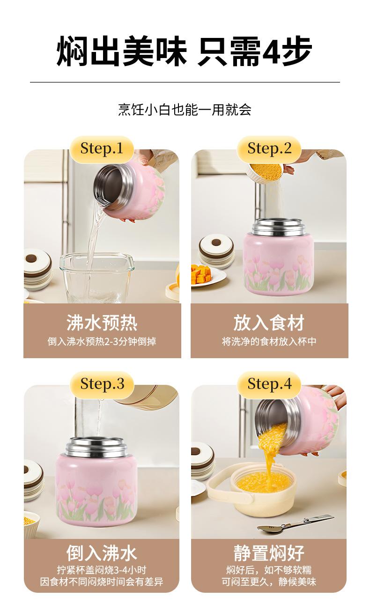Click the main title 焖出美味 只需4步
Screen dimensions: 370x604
(185, 51)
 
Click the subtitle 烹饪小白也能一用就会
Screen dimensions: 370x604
(185, 110)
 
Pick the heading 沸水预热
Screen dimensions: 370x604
(102, 323)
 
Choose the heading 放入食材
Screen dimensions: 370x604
(269, 323)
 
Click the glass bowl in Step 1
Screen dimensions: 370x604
(96, 278)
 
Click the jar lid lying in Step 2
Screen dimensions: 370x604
(216, 251)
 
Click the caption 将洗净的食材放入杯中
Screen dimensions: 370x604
(269, 341)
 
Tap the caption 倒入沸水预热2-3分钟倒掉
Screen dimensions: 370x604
(102, 341)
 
